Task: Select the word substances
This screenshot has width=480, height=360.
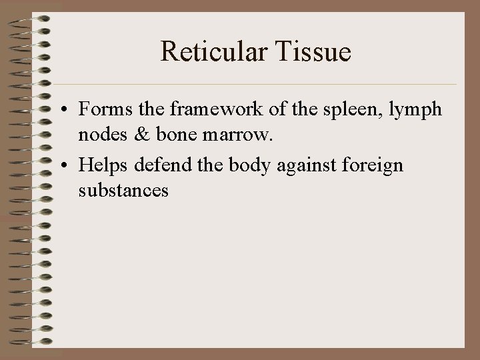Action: [123, 191]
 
